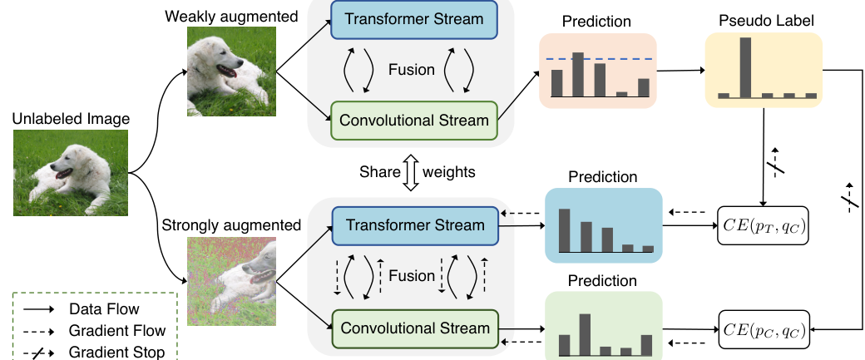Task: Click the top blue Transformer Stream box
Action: (x=414, y=19)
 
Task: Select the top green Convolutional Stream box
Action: (x=414, y=121)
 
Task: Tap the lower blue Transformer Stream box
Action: (x=415, y=225)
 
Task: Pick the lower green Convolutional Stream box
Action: (x=415, y=328)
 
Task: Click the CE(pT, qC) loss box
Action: (x=763, y=225)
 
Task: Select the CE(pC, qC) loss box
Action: (x=764, y=330)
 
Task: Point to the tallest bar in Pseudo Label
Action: (x=744, y=68)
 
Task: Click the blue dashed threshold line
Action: (x=599, y=58)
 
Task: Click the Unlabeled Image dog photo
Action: (x=71, y=173)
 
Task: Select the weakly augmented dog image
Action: (x=231, y=72)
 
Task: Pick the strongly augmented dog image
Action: (x=232, y=281)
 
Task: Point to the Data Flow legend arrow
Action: (x=38, y=310)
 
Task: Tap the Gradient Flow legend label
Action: (x=117, y=331)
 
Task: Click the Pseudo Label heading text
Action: (x=766, y=21)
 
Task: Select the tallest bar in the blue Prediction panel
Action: (x=565, y=230)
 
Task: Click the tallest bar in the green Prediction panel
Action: (x=585, y=334)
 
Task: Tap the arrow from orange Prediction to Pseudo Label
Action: (x=680, y=71)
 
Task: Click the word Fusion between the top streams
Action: (x=412, y=70)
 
